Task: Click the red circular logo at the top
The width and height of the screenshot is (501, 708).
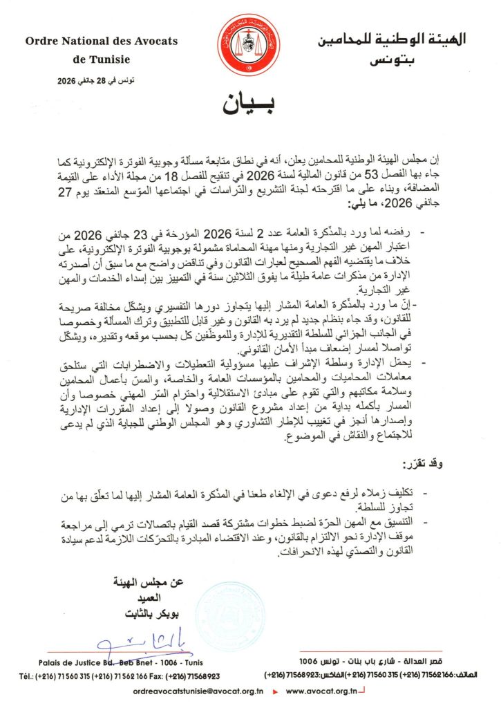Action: coord(249,46)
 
